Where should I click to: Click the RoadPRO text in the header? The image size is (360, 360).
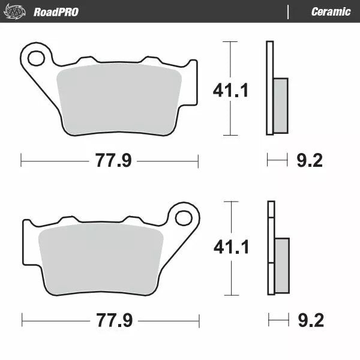(x=56, y=11)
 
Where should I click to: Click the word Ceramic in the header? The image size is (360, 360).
(x=331, y=11)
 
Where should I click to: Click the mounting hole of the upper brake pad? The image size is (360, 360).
(x=36, y=58)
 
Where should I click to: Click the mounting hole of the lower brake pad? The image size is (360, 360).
(x=184, y=217)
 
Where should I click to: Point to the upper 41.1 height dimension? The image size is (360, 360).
(x=231, y=90)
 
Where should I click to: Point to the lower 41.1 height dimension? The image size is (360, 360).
(x=231, y=247)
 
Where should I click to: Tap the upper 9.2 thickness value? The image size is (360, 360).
(x=310, y=160)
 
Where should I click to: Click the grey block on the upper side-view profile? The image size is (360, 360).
(x=280, y=106)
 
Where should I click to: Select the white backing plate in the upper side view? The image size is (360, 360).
(x=269, y=88)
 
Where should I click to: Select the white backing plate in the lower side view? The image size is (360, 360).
(x=271, y=247)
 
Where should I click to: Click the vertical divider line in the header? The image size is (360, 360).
(x=289, y=11)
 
